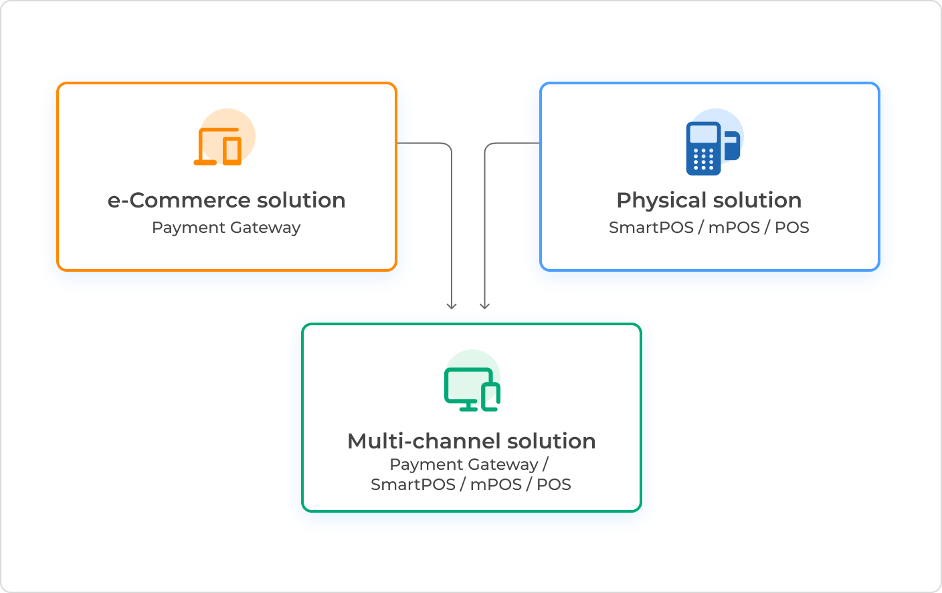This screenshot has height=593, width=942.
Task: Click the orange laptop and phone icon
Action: coord(219,146)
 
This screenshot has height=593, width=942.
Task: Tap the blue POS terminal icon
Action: coord(711,148)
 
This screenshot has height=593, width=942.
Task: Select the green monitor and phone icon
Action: coord(471,389)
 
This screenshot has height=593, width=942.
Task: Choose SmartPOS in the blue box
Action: coord(651,228)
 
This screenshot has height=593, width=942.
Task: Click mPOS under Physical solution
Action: coord(734,228)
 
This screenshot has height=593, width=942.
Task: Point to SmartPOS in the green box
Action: coord(413,485)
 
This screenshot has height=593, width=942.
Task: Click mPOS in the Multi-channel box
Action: coord(496,485)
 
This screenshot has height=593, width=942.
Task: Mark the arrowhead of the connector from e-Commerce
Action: coord(452,306)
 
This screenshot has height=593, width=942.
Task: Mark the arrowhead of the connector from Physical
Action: coord(485,306)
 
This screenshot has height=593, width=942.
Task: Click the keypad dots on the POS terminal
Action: coord(703,159)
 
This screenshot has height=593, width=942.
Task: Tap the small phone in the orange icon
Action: coord(232,151)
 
